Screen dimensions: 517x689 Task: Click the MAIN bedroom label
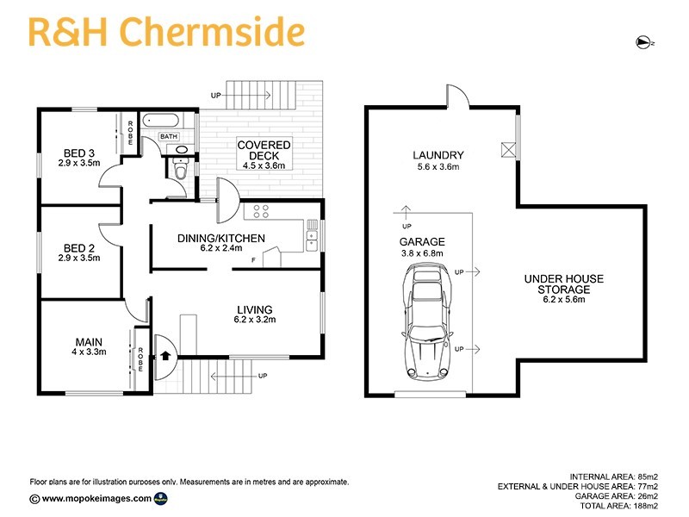tap(88, 342)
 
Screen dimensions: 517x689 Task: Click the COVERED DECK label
tap(264, 149)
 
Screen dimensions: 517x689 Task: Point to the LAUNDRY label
tap(438, 155)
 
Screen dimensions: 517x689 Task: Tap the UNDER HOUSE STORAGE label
tap(563, 284)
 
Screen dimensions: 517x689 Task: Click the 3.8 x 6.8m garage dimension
tap(421, 253)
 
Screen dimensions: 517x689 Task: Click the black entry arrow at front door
tap(164, 353)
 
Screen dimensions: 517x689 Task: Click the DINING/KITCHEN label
tap(221, 239)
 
